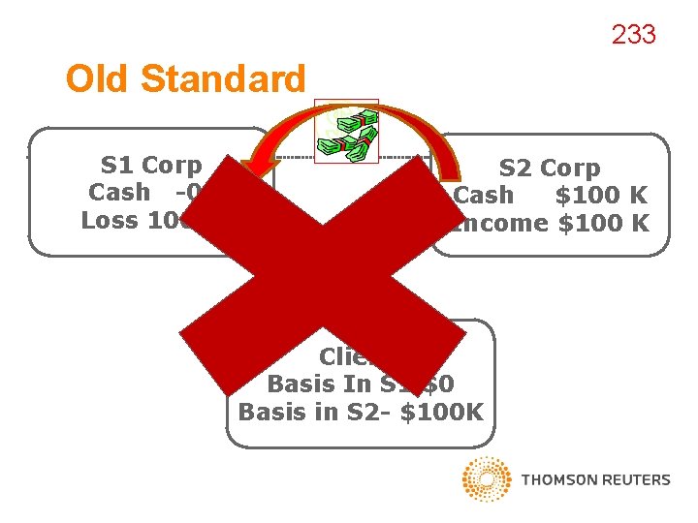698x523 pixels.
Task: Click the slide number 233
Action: point(633,36)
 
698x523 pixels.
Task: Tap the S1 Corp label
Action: point(151,166)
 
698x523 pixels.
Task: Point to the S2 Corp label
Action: point(549,169)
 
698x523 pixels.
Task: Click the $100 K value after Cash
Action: point(600,196)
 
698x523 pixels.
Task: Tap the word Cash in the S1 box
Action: point(119,193)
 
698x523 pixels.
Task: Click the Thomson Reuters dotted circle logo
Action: point(487,479)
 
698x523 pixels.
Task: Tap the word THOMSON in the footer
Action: point(558,479)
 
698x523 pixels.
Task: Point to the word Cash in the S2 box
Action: point(484,196)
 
